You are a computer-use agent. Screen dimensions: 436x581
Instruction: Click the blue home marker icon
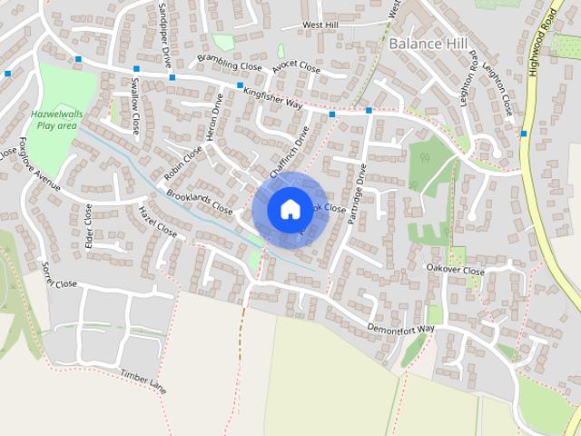(290, 209)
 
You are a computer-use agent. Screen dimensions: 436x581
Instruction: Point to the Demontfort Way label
(401, 328)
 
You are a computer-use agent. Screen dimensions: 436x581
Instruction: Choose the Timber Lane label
(143, 381)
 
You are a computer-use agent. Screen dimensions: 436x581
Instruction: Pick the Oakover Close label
(456, 270)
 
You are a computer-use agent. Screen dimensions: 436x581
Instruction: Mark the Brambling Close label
(229, 64)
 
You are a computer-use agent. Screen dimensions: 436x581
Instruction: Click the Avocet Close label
(299, 67)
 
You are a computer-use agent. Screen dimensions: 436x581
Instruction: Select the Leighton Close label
(505, 91)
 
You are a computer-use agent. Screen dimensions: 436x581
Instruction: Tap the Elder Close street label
(89, 226)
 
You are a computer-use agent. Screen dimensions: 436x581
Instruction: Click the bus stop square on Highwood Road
(525, 134)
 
